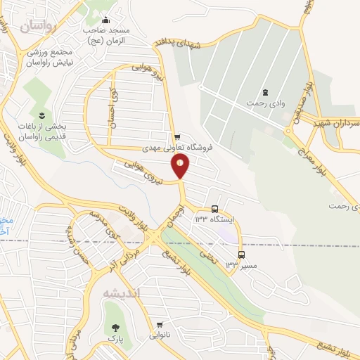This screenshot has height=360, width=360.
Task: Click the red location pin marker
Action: pyautogui.click(x=181, y=166)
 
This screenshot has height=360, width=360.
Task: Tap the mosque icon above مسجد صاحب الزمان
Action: pyautogui.click(x=105, y=20)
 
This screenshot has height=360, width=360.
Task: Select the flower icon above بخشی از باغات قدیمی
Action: pyautogui.click(x=42, y=115)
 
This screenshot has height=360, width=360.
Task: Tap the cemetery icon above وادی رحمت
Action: pyautogui.click(x=265, y=92)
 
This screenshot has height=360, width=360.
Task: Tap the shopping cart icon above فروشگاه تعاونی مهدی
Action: pyautogui.click(x=177, y=136)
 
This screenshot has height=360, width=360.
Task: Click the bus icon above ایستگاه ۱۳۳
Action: pyautogui.click(x=215, y=209)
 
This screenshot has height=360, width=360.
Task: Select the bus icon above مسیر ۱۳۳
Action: pyautogui.click(x=241, y=255)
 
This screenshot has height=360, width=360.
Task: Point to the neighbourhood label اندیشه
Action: pyautogui.click(x=122, y=292)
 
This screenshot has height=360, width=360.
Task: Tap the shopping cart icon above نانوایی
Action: pyautogui.click(x=162, y=325)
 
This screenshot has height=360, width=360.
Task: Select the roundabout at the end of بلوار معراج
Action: pyautogui.click(x=289, y=131)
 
